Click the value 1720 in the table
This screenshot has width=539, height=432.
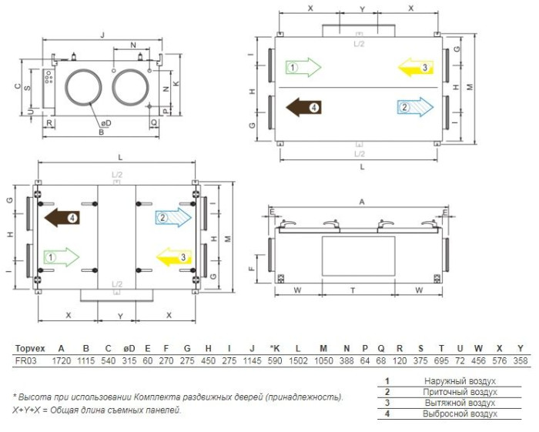tap(61, 361)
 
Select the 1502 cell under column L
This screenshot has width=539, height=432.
tap(298, 361)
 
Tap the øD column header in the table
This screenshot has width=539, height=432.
tap(129, 349)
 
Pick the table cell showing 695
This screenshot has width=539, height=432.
tap(441, 361)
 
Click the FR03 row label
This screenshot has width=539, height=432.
tap(25, 361)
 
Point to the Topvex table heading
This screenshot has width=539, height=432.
tap(30, 349)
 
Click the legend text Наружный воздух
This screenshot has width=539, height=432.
tap(460, 381)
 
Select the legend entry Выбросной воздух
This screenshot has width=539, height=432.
tap(460, 414)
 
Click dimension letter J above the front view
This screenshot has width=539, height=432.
tap(102, 35)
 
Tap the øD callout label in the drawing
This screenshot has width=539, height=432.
tap(106, 123)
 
